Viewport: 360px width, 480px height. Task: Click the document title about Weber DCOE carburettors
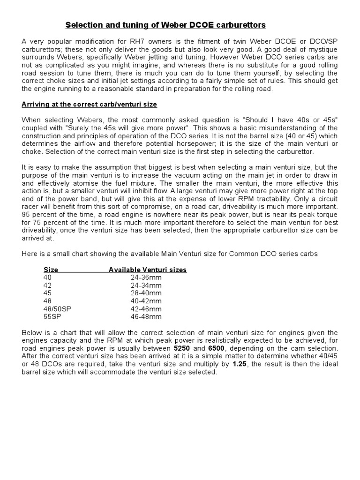coord(165,24)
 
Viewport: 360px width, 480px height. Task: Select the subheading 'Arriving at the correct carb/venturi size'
coord(89,104)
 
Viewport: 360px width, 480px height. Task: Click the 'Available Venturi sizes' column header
coord(148,270)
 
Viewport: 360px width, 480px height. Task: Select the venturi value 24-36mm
coord(146,277)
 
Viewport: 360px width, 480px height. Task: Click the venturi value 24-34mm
coord(146,285)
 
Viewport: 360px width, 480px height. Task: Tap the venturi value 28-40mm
coord(146,293)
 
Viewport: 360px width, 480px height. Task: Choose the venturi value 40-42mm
coord(146,301)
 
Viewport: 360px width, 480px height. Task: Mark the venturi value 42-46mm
coord(146,309)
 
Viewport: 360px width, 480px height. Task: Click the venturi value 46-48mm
coord(146,317)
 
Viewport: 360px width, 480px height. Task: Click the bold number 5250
coord(183,349)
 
